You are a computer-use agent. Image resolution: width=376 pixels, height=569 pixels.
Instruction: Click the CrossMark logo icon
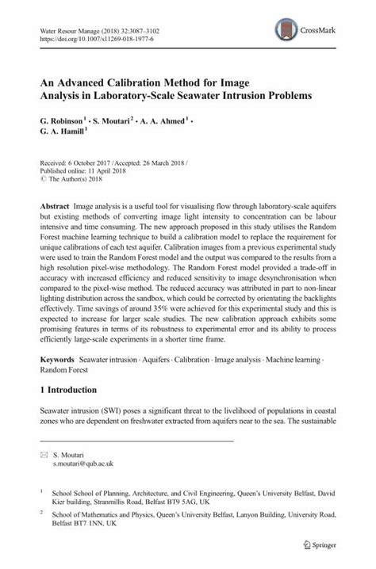click(x=282, y=30)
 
